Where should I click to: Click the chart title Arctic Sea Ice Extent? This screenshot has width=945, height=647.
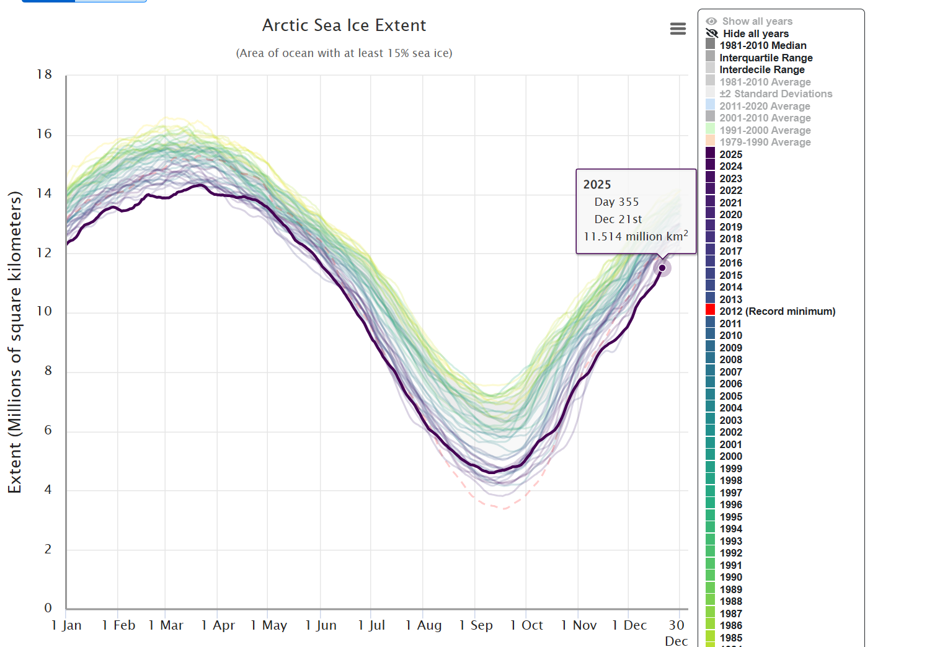click(344, 25)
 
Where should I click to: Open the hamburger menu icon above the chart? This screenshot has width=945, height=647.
click(678, 29)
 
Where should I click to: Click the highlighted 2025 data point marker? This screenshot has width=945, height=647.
click(662, 268)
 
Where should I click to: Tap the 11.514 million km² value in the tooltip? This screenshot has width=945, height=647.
click(636, 236)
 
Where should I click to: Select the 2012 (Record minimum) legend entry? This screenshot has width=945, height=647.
click(777, 311)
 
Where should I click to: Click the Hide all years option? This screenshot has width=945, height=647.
click(755, 33)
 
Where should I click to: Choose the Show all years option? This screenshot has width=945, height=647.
click(757, 21)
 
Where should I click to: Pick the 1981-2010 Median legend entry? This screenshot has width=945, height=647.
click(763, 45)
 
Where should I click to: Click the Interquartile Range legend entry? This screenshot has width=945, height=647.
click(766, 58)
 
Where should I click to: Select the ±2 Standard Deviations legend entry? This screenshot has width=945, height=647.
click(776, 94)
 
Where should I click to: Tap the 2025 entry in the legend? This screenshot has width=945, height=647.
click(730, 154)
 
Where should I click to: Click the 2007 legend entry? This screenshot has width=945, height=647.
click(730, 372)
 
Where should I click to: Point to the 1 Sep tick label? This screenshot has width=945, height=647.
click(476, 625)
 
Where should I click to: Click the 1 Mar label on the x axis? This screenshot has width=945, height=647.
click(166, 625)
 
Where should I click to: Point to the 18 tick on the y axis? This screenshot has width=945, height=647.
click(44, 74)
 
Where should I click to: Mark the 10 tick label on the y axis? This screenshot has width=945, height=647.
click(44, 311)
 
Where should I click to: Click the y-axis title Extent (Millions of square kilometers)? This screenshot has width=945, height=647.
click(14, 342)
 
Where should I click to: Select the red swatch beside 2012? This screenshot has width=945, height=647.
click(711, 310)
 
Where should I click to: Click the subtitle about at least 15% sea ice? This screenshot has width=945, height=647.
click(344, 53)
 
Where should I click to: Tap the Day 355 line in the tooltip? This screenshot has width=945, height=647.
click(616, 202)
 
